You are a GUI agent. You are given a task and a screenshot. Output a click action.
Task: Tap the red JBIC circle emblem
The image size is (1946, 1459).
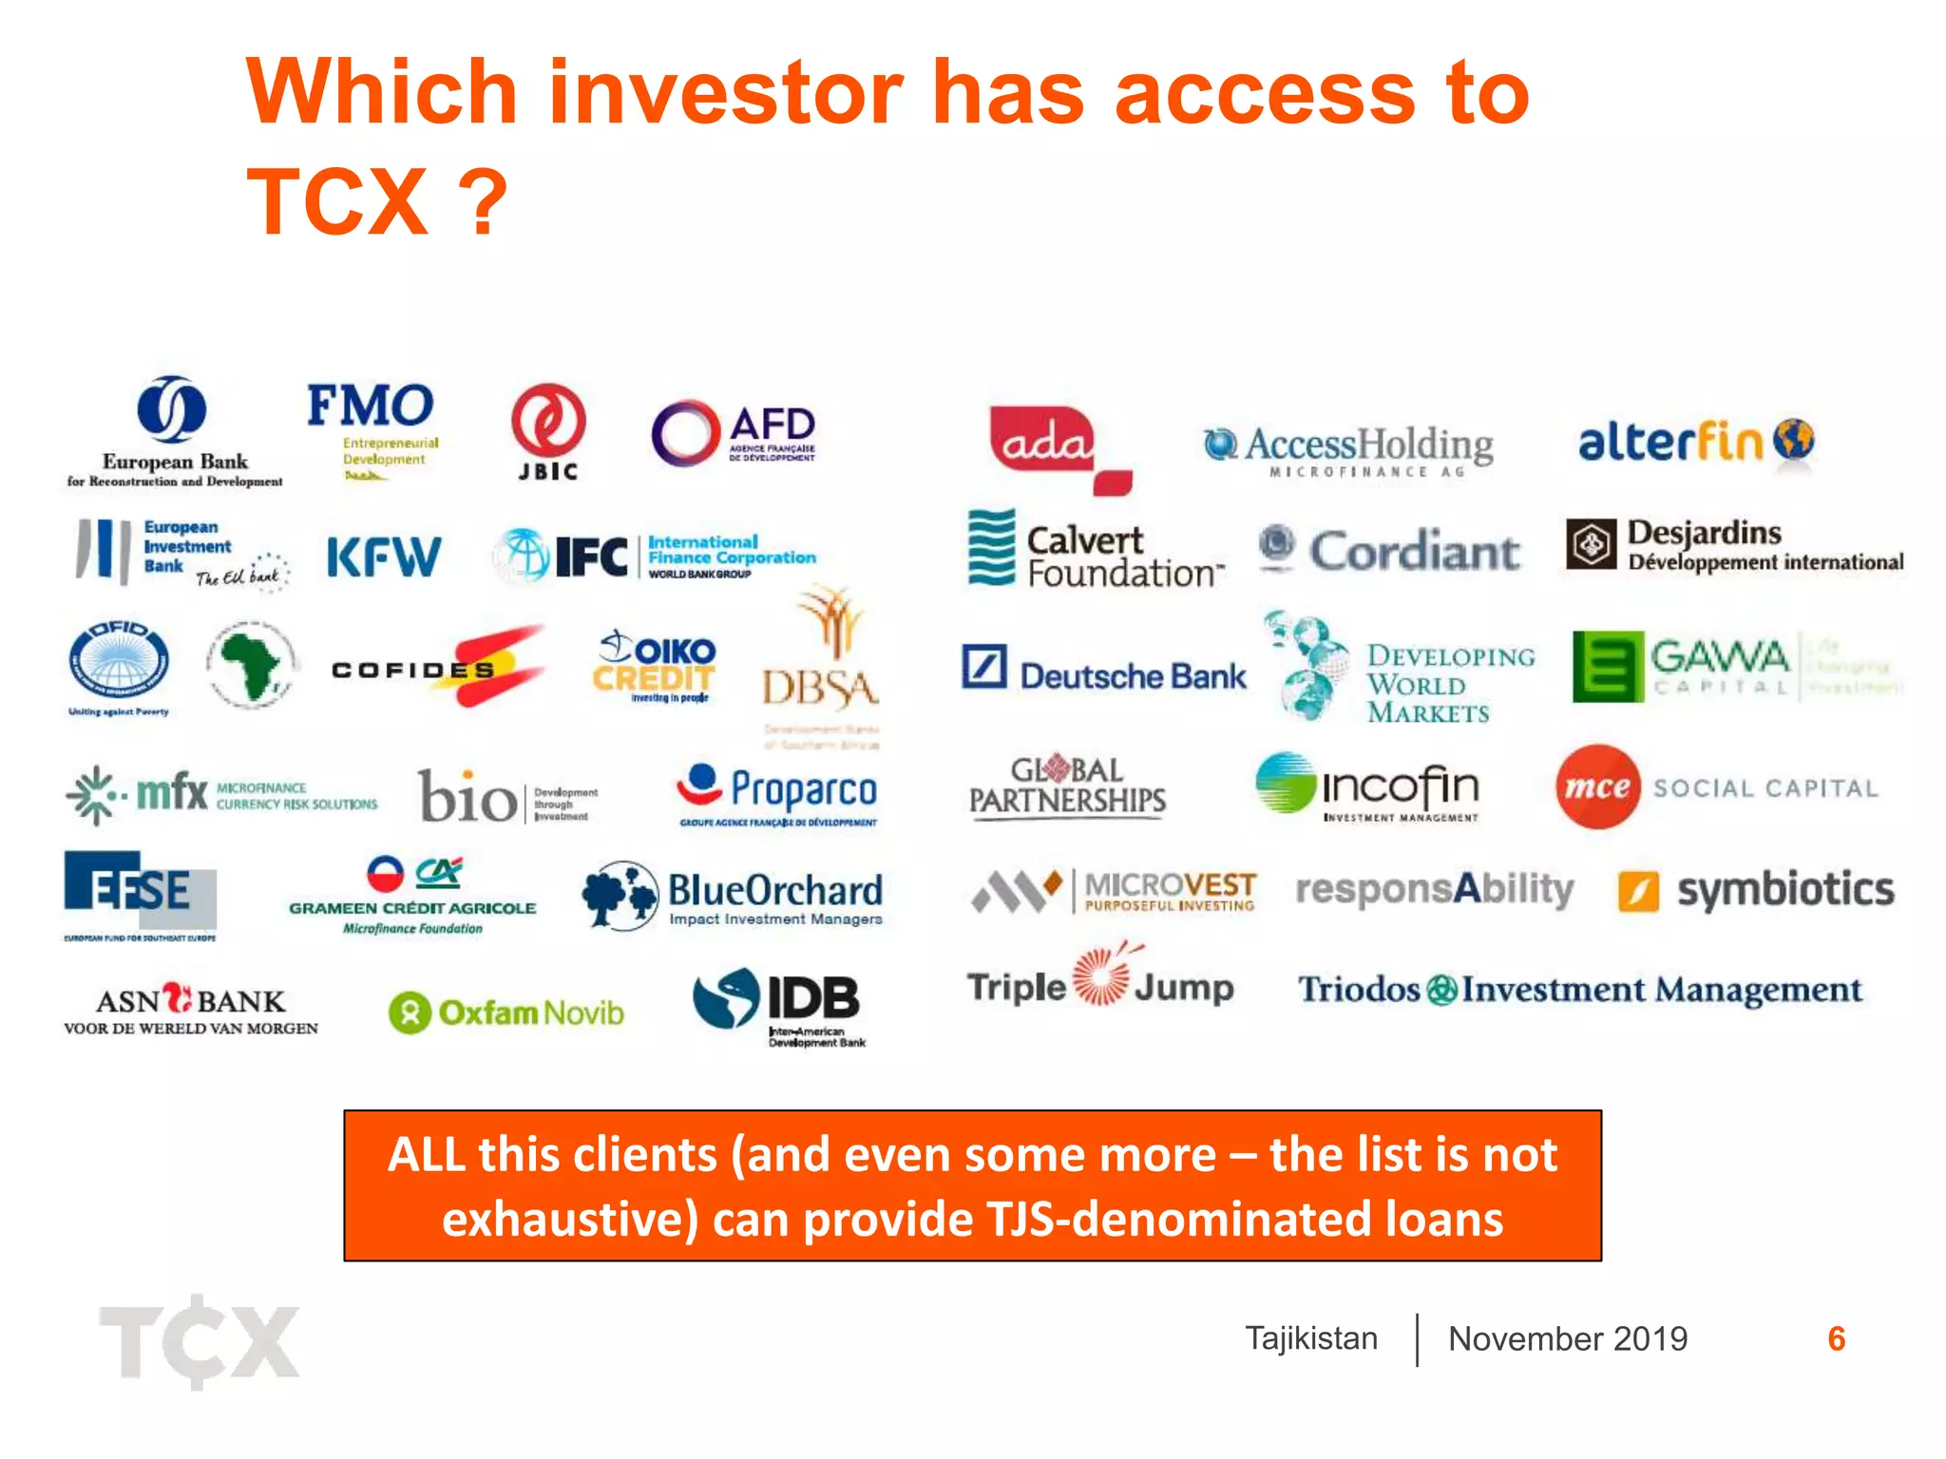(x=548, y=421)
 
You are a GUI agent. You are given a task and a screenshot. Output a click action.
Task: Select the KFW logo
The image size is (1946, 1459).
(x=384, y=558)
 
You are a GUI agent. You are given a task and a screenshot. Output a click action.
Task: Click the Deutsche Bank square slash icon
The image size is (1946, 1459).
(x=983, y=666)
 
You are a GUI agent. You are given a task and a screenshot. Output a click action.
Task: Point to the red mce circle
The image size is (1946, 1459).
(x=1597, y=786)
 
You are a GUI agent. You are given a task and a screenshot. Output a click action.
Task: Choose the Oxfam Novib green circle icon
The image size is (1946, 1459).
(x=410, y=1013)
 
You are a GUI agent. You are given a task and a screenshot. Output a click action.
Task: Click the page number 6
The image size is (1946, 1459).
(x=1836, y=1338)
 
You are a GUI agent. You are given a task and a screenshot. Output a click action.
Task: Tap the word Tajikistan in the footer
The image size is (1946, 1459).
(x=1311, y=1338)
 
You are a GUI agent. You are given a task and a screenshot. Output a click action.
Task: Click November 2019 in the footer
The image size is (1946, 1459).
(x=1568, y=1338)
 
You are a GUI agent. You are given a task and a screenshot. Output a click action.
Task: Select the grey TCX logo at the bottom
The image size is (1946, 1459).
(x=200, y=1341)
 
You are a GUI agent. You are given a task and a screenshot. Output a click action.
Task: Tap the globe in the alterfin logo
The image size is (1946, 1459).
(x=1794, y=439)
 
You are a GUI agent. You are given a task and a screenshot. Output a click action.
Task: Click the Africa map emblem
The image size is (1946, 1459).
(x=250, y=664)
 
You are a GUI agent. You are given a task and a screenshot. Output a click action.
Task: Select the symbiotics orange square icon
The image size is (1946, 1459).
(x=1639, y=891)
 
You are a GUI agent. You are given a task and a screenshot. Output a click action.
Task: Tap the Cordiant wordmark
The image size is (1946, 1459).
(x=1414, y=552)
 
